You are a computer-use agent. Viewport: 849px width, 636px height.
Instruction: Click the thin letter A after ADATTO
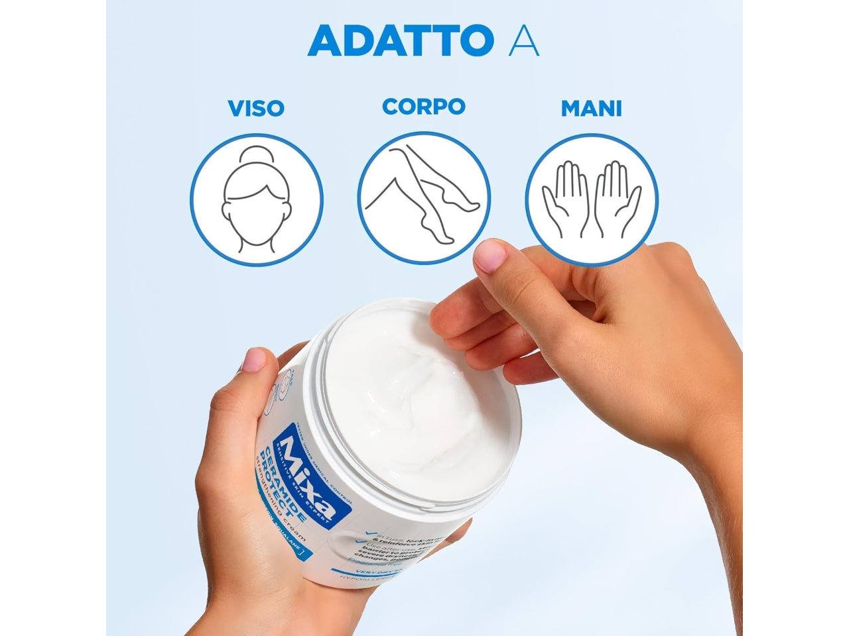click(523, 41)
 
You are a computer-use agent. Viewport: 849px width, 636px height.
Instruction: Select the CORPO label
click(424, 107)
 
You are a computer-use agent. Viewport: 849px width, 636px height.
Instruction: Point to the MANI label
click(592, 109)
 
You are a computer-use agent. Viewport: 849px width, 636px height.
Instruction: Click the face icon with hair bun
click(256, 199)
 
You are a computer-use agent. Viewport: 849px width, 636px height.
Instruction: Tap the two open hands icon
click(592, 199)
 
